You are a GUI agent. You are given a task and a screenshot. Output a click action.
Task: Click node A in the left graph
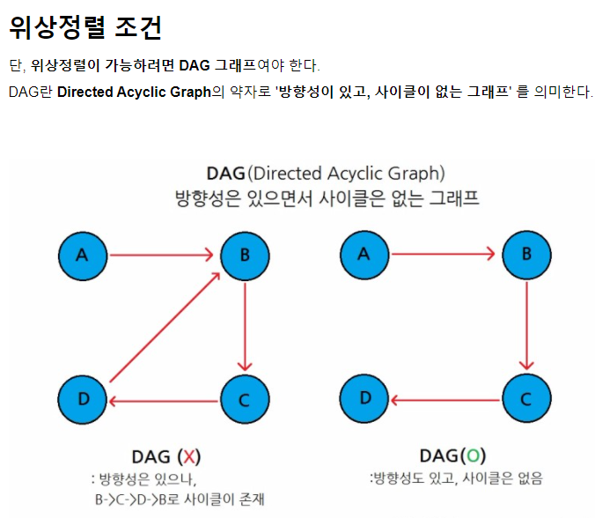84,255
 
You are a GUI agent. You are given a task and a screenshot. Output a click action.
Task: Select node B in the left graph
245,255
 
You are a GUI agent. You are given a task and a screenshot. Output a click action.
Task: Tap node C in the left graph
245,400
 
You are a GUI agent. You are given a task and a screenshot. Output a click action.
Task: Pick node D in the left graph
84,400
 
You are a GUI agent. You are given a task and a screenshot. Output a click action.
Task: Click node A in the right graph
364,255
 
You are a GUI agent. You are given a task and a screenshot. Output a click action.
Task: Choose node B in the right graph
525,255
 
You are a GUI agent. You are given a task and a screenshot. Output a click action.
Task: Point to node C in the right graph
525,399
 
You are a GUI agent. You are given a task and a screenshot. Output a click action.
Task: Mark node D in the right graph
364,399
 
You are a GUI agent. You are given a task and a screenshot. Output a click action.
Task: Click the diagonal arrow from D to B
163,329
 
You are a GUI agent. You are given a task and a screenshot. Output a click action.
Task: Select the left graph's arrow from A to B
163,255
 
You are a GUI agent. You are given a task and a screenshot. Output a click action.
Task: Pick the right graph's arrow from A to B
444,255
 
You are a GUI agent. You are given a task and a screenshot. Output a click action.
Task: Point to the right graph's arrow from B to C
525,327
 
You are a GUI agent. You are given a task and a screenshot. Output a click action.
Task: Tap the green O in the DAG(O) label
474,455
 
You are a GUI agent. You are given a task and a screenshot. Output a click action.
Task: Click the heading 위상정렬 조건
85,27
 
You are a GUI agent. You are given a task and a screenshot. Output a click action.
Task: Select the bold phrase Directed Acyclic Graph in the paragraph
134,92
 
